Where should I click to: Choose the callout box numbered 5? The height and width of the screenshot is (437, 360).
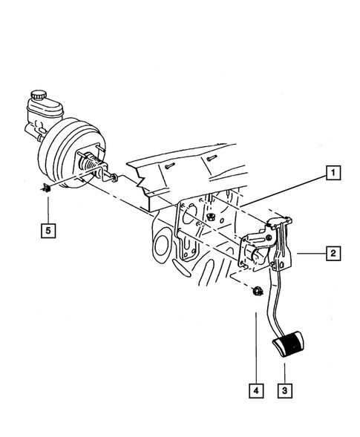(x=47, y=231)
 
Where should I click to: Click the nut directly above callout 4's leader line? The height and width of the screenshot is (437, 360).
(x=258, y=290)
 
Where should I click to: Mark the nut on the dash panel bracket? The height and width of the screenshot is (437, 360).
(x=211, y=217)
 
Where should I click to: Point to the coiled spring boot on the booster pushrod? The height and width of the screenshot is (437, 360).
(x=94, y=168)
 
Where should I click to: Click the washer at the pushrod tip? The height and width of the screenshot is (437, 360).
(x=113, y=177)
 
